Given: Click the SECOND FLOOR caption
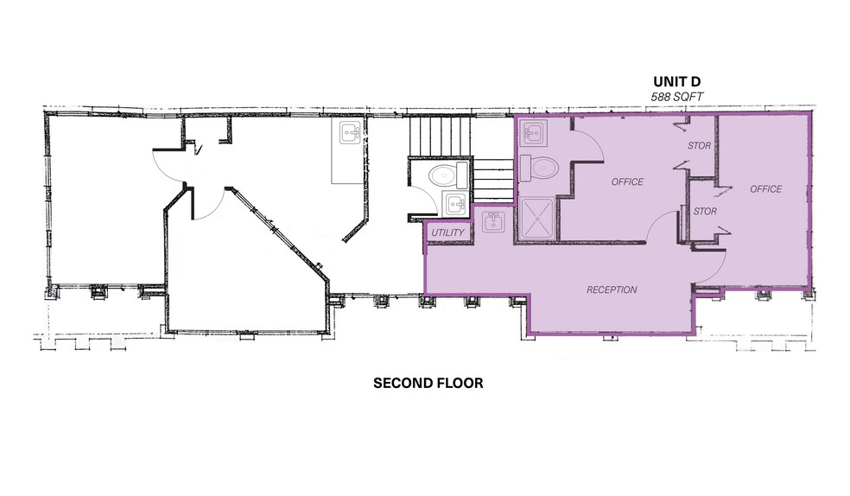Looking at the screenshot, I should pyautogui.click(x=428, y=383).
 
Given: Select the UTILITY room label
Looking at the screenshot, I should pyautogui.click(x=447, y=233).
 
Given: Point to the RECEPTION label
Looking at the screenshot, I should pyautogui.click(x=611, y=289).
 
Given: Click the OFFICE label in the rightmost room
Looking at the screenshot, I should pyautogui.click(x=765, y=188).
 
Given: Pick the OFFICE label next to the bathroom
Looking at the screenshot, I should pyautogui.click(x=627, y=181).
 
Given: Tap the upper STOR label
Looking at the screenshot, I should pyautogui.click(x=699, y=146).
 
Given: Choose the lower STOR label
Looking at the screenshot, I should pyautogui.click(x=705, y=211).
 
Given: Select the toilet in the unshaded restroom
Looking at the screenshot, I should pyautogui.click(x=444, y=176).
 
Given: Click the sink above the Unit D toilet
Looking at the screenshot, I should pyautogui.click(x=531, y=133).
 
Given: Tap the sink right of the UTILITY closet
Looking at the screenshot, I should pyautogui.click(x=494, y=223).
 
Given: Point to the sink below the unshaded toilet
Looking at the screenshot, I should pyautogui.click(x=454, y=205).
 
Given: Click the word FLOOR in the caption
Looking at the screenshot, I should pyautogui.click(x=458, y=383).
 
